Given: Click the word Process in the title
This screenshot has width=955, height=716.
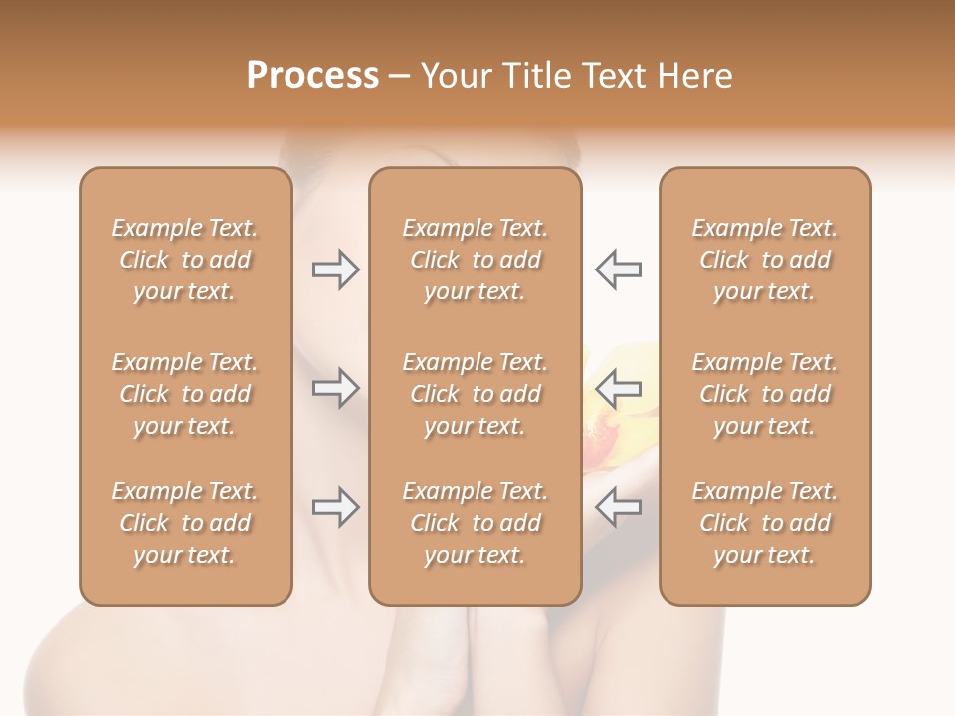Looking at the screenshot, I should point(312,76).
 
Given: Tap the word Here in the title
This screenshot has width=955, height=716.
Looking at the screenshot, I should point(693,76).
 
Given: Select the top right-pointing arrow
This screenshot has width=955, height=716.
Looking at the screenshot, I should point(335,269).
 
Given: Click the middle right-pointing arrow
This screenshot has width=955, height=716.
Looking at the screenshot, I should point(335,388).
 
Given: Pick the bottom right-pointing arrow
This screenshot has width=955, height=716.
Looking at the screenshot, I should point(335,507).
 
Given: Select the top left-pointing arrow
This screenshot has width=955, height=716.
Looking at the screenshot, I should point(619,269).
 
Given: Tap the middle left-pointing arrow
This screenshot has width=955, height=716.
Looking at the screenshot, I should point(619,388).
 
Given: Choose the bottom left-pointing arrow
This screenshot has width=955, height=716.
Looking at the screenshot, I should point(619,507).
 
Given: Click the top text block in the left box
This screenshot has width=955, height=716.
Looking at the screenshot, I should point(185,260).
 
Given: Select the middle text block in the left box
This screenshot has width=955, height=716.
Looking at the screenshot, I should point(185,394).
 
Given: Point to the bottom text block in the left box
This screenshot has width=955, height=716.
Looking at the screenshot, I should point(185,523).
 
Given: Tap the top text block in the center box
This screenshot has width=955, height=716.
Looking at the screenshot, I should point(475,260).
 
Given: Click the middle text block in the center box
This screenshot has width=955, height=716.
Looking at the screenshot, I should point(475,394).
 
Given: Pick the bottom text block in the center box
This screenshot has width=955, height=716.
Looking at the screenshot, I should point(475,523).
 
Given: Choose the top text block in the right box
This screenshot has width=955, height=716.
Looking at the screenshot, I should point(764,260).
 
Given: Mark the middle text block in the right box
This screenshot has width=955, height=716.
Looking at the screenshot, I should point(764,394).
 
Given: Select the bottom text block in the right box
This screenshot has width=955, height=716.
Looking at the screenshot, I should point(764,523).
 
